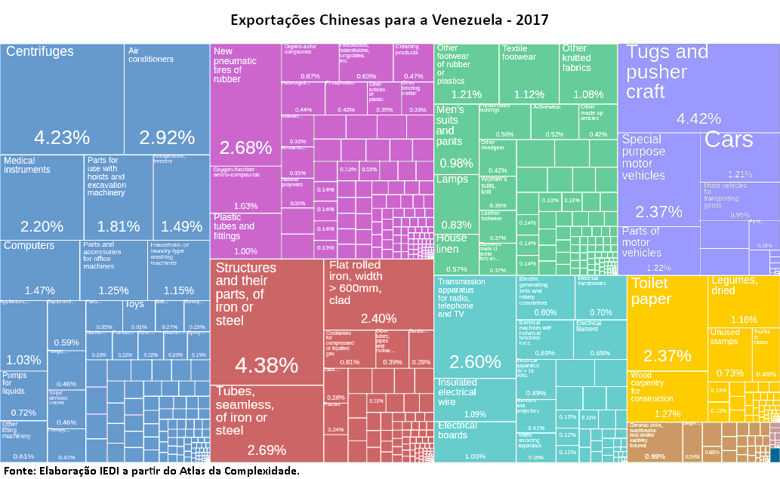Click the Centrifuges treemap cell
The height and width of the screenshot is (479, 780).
(62, 98)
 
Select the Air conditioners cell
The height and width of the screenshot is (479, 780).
(167, 98)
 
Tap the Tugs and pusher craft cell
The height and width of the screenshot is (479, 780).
(698, 87)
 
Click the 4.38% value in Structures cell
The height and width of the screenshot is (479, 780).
(266, 365)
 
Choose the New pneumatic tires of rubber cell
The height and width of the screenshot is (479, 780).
(245, 106)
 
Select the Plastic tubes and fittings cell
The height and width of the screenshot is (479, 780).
(245, 235)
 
